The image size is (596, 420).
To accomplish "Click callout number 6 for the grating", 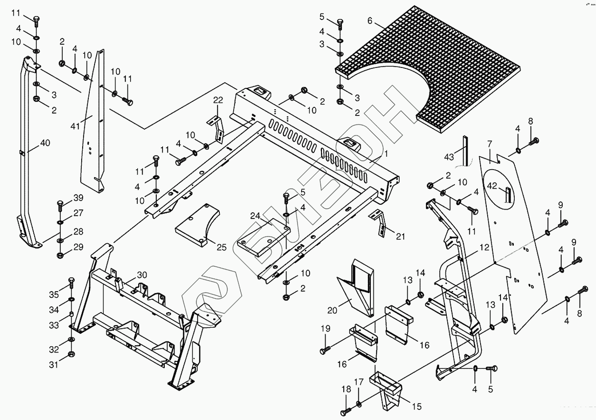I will tap(370, 20).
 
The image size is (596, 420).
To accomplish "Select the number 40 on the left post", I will tap(45, 143).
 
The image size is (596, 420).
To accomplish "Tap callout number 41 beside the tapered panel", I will tap(75, 126).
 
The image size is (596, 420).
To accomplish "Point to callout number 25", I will tap(221, 247).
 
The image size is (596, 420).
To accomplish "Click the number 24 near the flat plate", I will tap(255, 216).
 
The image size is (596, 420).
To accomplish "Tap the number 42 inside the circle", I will tap(492, 186).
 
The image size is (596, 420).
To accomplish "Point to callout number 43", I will tap(449, 157).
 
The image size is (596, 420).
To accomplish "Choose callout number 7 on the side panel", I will tap(490, 143).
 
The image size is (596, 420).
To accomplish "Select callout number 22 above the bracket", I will tap(218, 99).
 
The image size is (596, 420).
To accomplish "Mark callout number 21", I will tap(400, 237).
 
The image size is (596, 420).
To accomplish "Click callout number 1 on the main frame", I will tap(385, 154).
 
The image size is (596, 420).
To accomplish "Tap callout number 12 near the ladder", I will tap(484, 247).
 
